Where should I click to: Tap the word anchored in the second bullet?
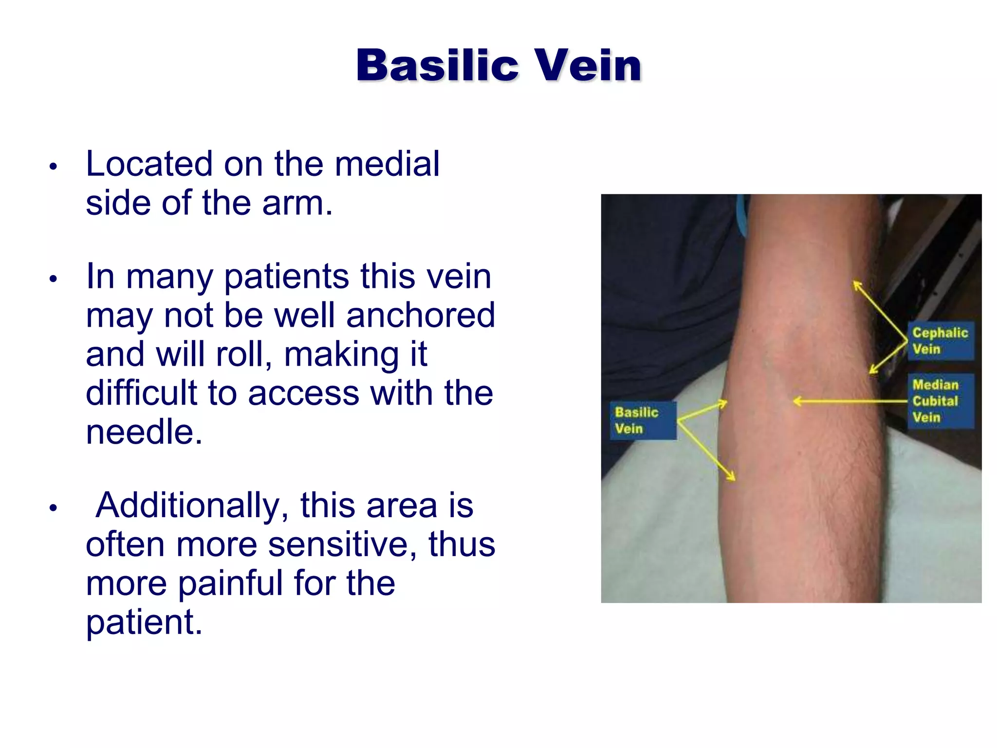421,315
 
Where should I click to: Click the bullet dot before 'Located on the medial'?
54,167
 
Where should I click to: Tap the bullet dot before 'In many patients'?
54,279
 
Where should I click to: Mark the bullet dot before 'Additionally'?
54,508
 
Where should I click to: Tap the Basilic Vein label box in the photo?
643,420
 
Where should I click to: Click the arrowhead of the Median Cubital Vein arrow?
796,401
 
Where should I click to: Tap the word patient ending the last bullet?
143,622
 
